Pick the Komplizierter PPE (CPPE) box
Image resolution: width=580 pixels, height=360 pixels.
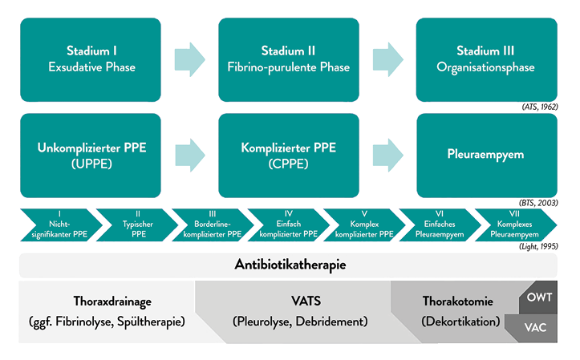(288, 156)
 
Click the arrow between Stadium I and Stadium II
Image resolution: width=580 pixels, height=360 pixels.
(189, 59)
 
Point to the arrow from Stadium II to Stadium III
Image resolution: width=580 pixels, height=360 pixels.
(387, 59)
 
